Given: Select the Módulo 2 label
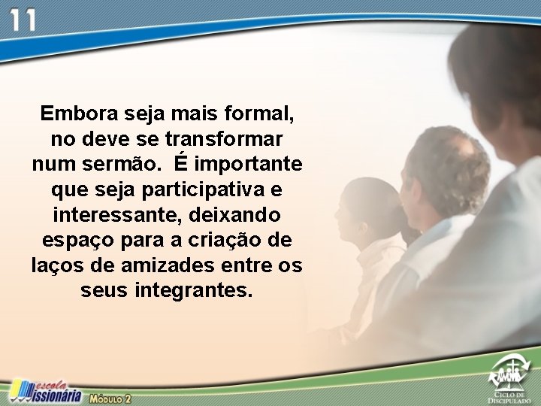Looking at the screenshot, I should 110,397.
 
